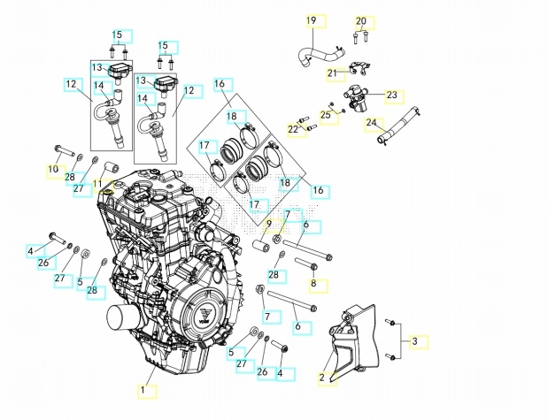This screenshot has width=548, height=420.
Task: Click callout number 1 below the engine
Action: (x=143, y=389)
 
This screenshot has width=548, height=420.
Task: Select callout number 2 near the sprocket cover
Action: (x=323, y=378)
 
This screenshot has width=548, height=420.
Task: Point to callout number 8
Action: (x=313, y=285)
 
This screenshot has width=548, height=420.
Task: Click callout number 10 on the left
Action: (x=53, y=168)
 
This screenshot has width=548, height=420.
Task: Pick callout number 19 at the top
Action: (x=311, y=20)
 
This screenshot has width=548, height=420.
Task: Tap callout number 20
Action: (x=360, y=20)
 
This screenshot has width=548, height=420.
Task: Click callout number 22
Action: (x=292, y=129)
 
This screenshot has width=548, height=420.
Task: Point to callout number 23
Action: (x=391, y=95)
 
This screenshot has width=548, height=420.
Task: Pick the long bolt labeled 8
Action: (x=307, y=263)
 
